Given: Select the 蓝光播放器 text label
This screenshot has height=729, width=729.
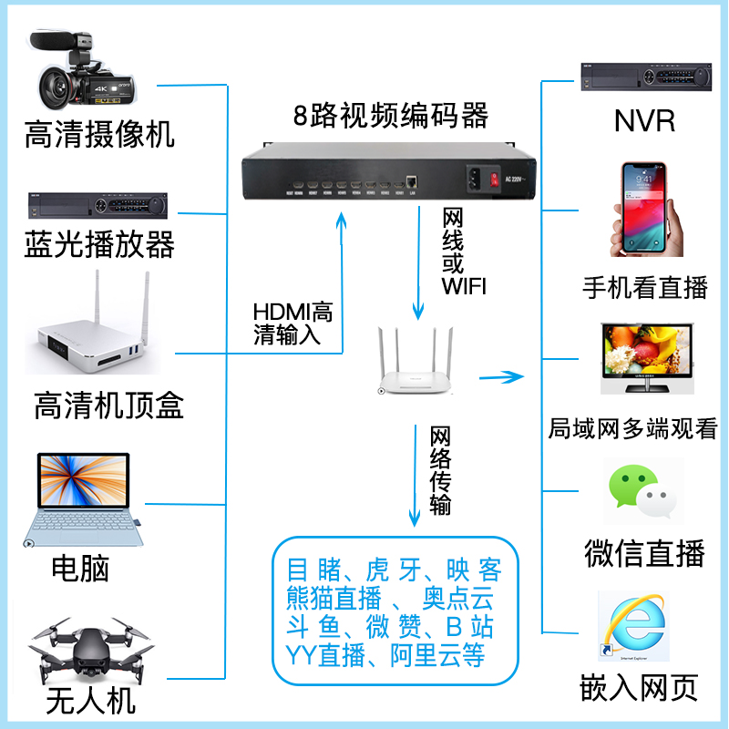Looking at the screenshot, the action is pos(99,244).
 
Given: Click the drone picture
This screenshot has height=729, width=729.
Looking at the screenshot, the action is pos(88,651).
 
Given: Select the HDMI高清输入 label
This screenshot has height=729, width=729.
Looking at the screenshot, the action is pos(293,323).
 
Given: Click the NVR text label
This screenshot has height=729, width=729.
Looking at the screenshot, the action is pos(645,119).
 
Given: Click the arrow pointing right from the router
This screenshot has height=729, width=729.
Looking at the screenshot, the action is pos(502,375).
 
